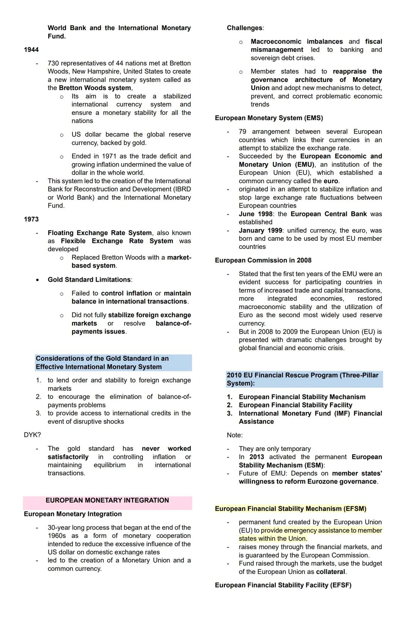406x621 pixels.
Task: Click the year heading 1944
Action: pos(31,50)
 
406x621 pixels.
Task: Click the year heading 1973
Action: pos(31,219)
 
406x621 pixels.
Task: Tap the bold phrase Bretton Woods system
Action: pos(95,88)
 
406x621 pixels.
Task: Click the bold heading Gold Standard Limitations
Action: pos(89,279)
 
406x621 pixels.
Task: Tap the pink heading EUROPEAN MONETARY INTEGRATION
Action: pos(107,500)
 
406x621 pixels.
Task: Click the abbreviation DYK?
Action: pos(32,435)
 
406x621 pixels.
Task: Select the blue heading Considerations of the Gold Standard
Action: pos(102,363)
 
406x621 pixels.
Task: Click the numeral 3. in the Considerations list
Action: pos(38,413)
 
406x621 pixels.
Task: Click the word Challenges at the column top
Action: pos(245,28)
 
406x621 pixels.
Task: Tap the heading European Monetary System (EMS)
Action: pos(269,118)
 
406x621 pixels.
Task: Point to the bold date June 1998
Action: pos(256,214)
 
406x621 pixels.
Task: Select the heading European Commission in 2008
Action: pos(263,260)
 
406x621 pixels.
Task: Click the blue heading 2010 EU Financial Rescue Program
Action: pos(302,379)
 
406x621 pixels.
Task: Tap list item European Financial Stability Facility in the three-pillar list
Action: pos(295,405)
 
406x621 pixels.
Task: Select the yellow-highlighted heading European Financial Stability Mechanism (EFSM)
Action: pos(290,509)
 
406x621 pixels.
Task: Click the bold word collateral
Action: pos(330,572)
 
